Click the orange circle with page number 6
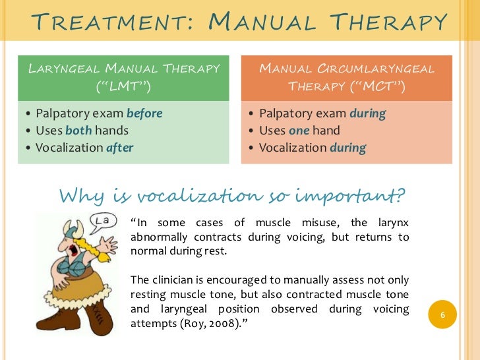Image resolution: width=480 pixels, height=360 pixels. point(443,316)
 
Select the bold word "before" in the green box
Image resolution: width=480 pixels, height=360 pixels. point(144,113)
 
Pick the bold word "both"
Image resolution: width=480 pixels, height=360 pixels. point(78,131)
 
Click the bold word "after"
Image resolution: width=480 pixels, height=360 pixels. point(119,148)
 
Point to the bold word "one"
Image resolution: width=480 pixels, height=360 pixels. point(299,131)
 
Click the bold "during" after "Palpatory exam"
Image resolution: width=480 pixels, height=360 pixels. point(368,113)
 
